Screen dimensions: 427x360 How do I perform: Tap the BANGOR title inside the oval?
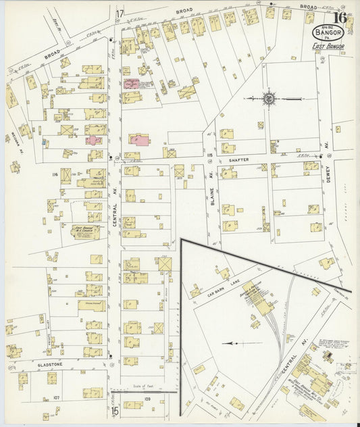328,31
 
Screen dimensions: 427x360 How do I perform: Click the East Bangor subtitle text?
328,46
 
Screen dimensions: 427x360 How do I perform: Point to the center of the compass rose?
269,99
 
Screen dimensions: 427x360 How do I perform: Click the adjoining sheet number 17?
120,14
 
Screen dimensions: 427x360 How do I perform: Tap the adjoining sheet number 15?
115,409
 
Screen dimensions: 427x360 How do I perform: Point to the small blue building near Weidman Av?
45,143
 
